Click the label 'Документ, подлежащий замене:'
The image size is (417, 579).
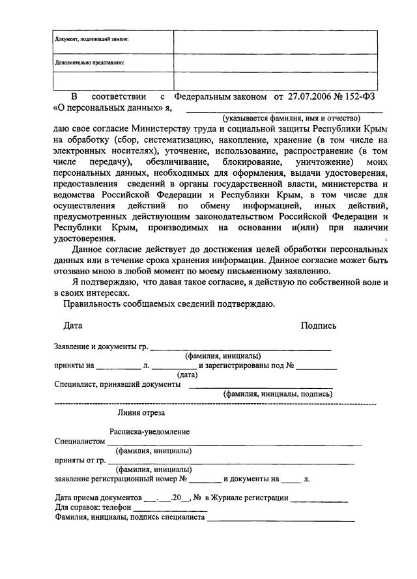click(x=91, y=39)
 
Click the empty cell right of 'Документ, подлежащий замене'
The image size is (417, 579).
click(x=274, y=41)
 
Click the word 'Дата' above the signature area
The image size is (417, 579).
click(x=73, y=325)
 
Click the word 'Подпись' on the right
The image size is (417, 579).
click(x=319, y=325)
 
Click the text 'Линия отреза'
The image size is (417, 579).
click(x=141, y=412)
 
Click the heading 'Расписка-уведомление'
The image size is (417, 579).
click(x=150, y=431)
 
